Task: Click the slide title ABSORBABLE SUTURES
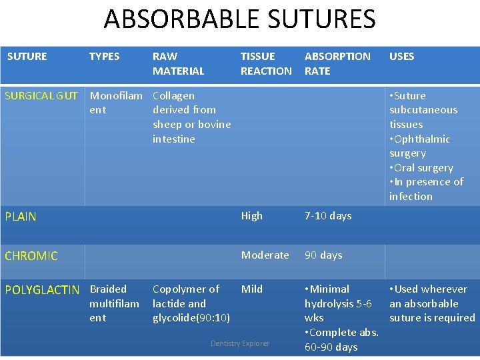240,19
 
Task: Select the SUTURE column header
27,57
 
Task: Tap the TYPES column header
104,57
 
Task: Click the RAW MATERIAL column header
178,63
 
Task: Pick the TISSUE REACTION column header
265,63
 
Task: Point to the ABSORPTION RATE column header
337,63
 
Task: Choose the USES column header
401,57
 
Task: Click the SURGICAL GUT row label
41,95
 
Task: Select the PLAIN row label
21,217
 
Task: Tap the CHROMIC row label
31,256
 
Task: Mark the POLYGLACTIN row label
42,290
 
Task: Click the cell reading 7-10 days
328,216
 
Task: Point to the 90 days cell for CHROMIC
323,255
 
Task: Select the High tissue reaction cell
251,216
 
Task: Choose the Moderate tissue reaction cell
265,255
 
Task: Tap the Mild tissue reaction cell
251,289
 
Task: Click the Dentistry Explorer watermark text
240,344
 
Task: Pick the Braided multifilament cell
114,303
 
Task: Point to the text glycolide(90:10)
191,318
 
